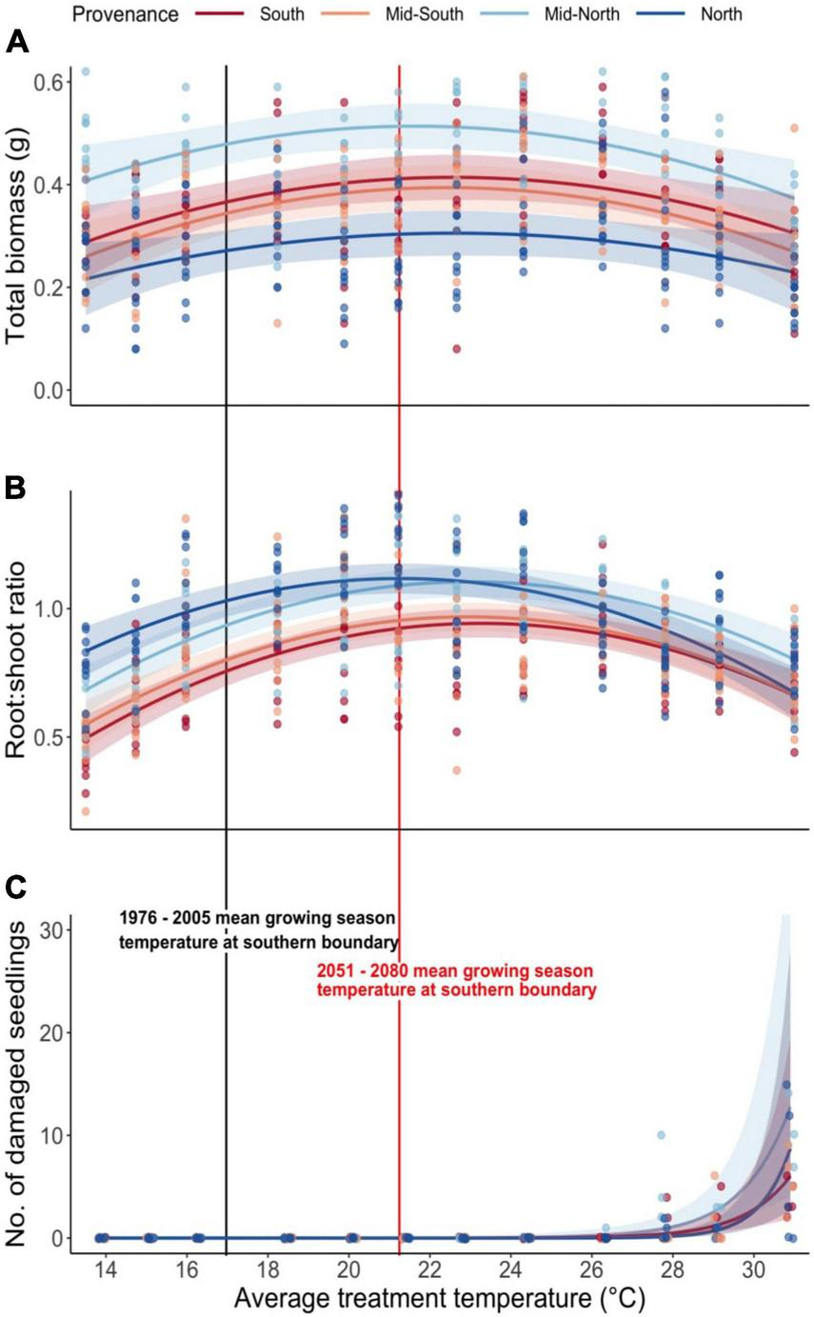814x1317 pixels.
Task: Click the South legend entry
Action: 283,14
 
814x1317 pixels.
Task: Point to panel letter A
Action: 16,43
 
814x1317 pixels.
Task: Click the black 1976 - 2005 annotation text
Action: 258,930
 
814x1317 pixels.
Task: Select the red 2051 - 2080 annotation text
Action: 456,982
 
